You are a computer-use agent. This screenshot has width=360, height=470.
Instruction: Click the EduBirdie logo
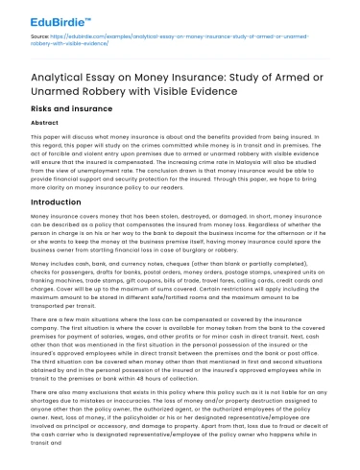53,17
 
